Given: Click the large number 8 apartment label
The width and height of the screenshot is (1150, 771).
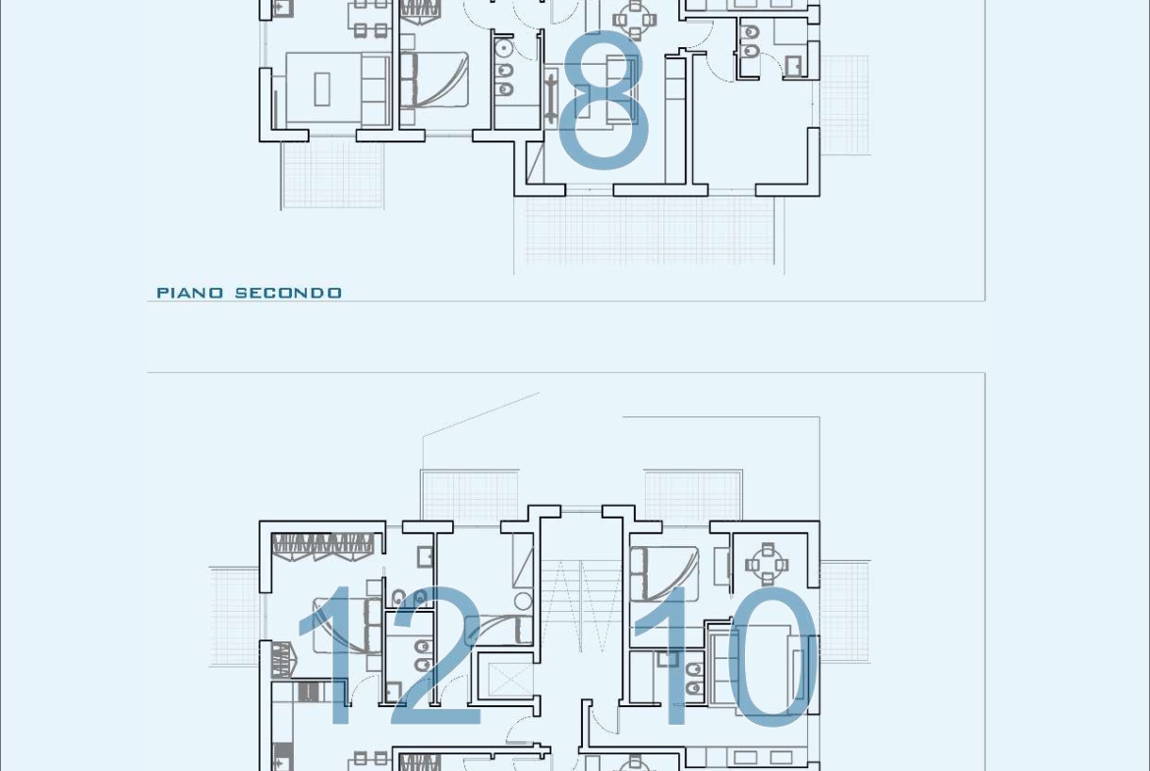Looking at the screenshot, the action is click(x=604, y=100).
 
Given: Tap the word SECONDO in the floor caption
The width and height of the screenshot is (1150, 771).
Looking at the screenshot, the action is click(x=288, y=293).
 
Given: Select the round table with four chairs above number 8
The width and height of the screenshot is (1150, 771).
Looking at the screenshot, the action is click(x=634, y=19).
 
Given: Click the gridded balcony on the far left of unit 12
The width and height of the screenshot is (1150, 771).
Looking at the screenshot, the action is click(x=235, y=617).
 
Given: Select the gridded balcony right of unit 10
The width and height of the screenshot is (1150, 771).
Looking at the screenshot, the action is click(x=845, y=613).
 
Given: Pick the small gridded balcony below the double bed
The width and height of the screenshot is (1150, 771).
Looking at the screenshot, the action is click(x=332, y=175).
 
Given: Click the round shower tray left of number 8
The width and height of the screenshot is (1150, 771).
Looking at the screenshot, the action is click(x=503, y=48).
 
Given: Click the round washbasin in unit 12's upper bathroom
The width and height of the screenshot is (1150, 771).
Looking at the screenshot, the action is click(x=523, y=602).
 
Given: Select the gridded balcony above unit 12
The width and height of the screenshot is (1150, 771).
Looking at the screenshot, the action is click(x=470, y=495).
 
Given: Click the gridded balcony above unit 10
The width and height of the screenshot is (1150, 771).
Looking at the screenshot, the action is click(x=693, y=495).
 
